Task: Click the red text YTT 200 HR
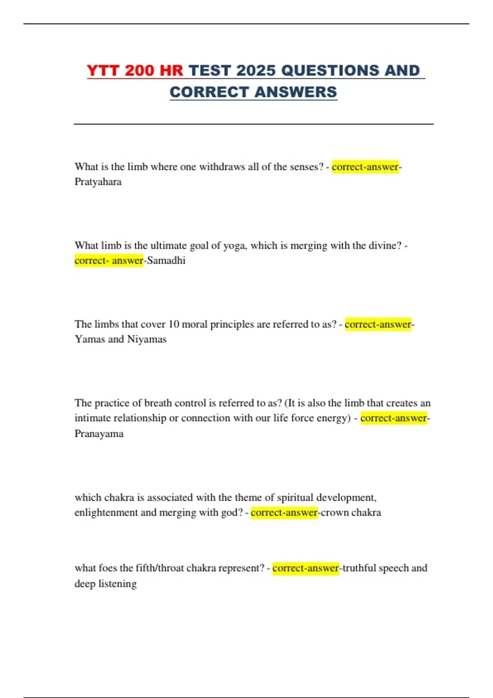point(135,71)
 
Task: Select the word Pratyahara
point(98,182)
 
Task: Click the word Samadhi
point(166,261)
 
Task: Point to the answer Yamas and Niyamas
point(120,340)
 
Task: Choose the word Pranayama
point(99,434)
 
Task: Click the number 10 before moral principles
point(174,324)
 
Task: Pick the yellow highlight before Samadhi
point(109,261)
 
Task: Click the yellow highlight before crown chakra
point(284,513)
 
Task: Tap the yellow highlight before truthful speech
point(306,568)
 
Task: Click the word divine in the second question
point(385,246)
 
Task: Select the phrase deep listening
point(106,584)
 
